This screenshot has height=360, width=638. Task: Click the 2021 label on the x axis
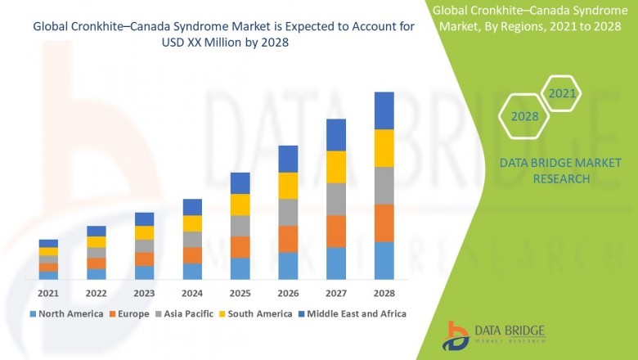pos(48,293)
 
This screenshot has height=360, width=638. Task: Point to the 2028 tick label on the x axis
pos(384,293)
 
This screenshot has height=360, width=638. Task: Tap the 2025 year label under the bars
pos(240,293)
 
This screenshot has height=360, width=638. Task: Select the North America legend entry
pos(66,313)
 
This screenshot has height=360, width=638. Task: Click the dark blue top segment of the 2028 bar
pos(384,110)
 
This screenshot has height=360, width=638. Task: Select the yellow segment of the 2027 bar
pos(336,167)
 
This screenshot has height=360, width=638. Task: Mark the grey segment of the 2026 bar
pos(288,212)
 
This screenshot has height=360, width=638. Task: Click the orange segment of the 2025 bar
pos(240,247)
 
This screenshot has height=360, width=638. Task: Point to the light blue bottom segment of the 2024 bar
pos(192,272)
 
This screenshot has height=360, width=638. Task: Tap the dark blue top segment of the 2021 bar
pos(48,243)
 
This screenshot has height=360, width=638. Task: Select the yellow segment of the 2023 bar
pos(144,232)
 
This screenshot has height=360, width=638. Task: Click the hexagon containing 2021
pos(562,94)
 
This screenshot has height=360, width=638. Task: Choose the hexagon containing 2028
pos(524,117)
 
